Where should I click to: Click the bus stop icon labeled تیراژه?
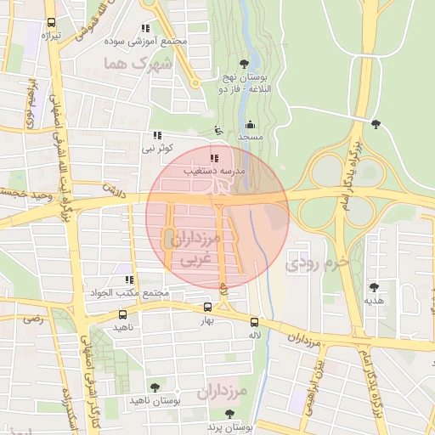tap(53, 23)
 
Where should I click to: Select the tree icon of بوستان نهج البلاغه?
tap(245, 64)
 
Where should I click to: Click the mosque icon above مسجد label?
tap(249, 124)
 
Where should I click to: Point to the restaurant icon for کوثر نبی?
tap(156, 135)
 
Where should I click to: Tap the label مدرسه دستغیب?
tap(215, 171)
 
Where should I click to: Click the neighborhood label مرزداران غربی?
tap(195, 250)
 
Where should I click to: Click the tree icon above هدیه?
tap(374, 287)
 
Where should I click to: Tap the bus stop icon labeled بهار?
tap(208, 308)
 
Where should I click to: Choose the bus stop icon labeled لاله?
tap(254, 321)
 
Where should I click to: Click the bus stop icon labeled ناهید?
tap(123, 314)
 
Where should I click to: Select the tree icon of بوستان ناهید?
tap(154, 387)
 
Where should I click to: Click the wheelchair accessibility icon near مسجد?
tap(217, 130)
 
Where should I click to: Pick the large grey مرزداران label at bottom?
tap(221, 393)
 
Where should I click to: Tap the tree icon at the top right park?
tap(376, 124)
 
